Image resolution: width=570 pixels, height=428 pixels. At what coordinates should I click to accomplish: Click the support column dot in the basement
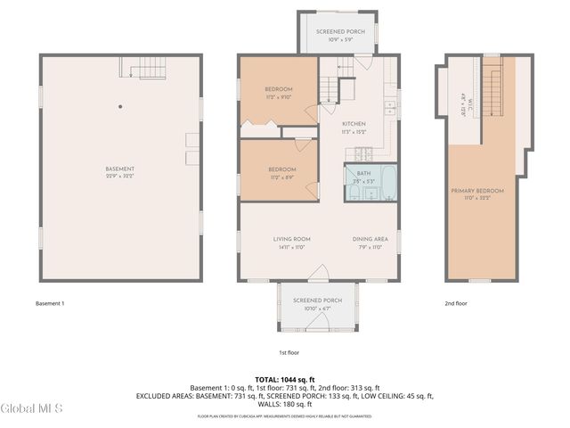[x=120, y=107]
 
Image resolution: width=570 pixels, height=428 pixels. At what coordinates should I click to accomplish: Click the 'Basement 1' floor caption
[x=50, y=303]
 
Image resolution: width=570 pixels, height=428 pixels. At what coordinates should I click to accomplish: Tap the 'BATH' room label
[x=363, y=173]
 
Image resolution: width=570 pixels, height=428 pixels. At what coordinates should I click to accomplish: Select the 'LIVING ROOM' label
[x=290, y=239]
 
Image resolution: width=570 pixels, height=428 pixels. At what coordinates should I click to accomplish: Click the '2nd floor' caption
[x=456, y=303]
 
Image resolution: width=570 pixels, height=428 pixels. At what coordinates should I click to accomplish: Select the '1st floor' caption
[x=290, y=352]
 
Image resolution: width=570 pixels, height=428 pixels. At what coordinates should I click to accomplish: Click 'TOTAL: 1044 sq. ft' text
[x=285, y=379]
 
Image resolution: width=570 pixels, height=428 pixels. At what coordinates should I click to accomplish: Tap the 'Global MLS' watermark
[x=32, y=408]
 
